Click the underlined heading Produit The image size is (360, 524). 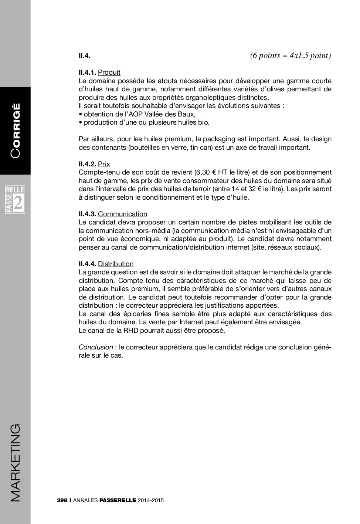click(109, 72)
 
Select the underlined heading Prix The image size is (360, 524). click(104, 164)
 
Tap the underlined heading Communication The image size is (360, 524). click(122, 214)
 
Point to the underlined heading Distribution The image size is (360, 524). click(116, 264)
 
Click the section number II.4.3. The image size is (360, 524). click(87, 214)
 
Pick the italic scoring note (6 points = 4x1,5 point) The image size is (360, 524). click(290, 55)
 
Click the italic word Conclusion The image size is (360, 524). click(96, 347)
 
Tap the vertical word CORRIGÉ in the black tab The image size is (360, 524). click(16, 130)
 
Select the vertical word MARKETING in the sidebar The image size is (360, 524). click(16, 463)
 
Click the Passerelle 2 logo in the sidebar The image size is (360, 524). click(15, 200)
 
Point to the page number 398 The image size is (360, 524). click(62, 500)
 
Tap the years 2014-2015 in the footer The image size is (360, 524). click(150, 500)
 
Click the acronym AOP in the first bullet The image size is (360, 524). click(136, 114)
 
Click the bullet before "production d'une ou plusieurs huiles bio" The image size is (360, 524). click(80, 122)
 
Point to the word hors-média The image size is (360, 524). click(152, 231)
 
